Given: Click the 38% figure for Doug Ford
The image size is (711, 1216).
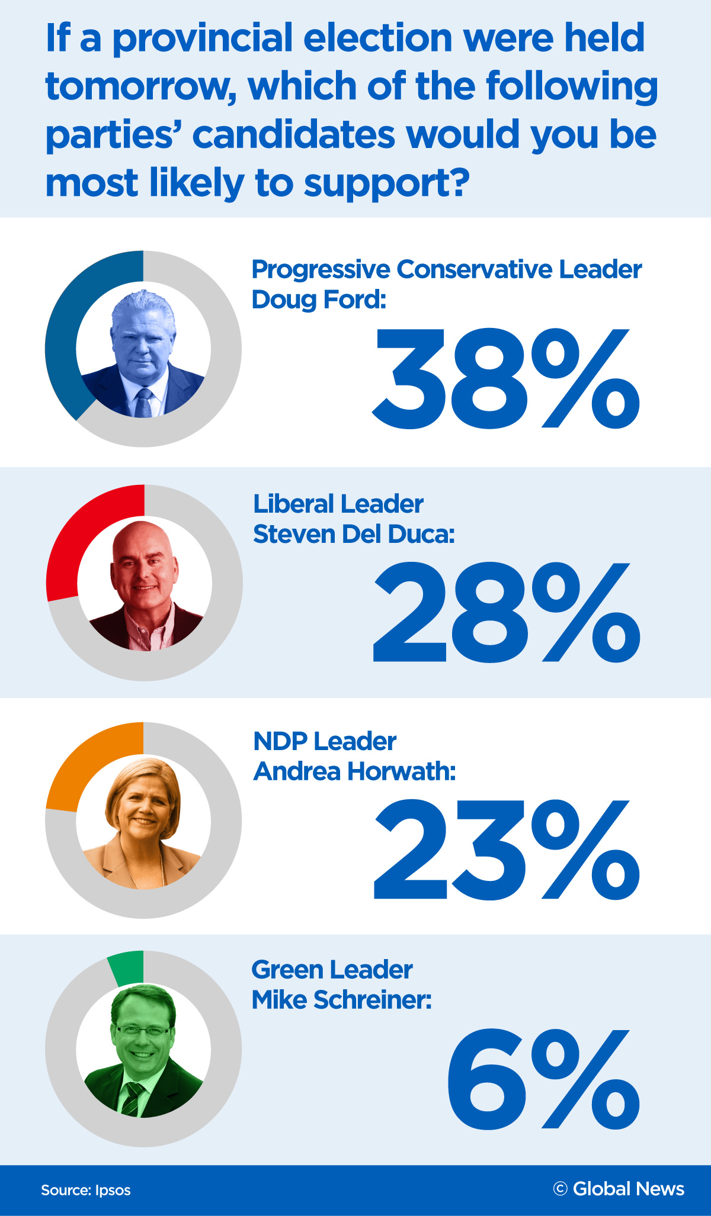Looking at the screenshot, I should [505, 379].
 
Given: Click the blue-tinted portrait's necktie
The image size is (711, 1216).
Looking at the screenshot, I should [143, 403].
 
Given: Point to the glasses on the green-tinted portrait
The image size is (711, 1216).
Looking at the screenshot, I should [143, 1031].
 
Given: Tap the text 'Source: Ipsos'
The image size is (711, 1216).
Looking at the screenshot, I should [86, 1190].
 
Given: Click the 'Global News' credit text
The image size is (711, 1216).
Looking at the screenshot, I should [628, 1189].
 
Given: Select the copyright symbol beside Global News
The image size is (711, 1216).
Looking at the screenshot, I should [560, 1189].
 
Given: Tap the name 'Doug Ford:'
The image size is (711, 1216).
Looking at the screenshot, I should [318, 300].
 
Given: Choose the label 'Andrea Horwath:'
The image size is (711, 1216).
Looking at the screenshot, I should [354, 771].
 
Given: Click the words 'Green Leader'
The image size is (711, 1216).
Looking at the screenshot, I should [332, 970].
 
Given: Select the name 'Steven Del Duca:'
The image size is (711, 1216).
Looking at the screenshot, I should [354, 534].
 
